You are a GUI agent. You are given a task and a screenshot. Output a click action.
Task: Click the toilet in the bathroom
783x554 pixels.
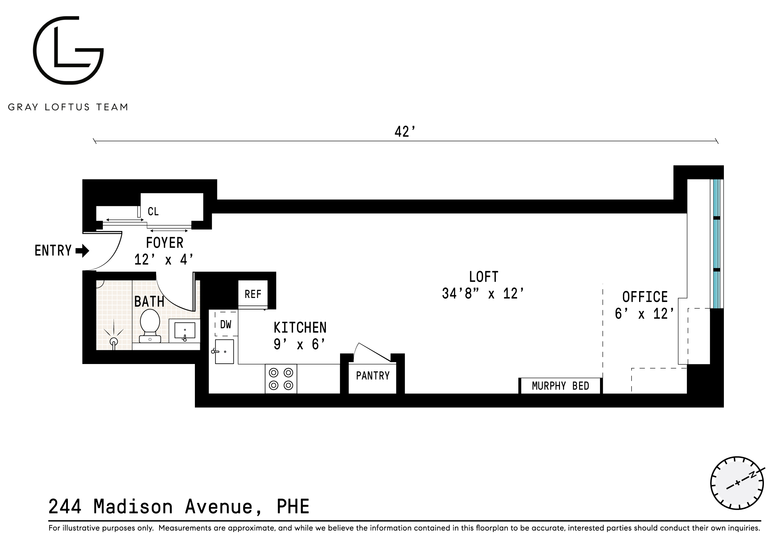pyautogui.click(x=150, y=325)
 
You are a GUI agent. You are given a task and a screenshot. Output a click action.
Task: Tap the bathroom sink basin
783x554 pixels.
pyautogui.click(x=185, y=331)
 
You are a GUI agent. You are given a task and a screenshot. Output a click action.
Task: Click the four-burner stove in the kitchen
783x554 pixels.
pyautogui.click(x=281, y=379)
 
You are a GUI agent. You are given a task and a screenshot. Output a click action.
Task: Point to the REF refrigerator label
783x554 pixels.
pyautogui.click(x=253, y=294)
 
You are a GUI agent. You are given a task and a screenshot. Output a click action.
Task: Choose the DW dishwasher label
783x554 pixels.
pyautogui.click(x=226, y=324)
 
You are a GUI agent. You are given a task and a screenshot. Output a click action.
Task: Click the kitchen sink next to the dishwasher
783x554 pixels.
pyautogui.click(x=224, y=351)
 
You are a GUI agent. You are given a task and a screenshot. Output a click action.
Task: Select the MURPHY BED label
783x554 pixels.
pyautogui.click(x=560, y=386)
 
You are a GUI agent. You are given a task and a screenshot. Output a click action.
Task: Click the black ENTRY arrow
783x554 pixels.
pyautogui.click(x=82, y=251)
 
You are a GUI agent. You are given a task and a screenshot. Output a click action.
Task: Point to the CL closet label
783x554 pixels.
pyautogui.click(x=153, y=212)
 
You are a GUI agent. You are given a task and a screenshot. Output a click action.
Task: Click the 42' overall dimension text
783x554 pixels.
pyautogui.click(x=405, y=132)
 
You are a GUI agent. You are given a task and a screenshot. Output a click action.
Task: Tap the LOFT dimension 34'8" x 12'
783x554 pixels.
pyautogui.click(x=483, y=294)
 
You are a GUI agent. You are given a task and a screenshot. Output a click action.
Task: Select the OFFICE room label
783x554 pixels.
pyautogui.click(x=645, y=297)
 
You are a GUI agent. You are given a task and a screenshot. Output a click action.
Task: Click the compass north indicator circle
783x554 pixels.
pyautogui.click(x=737, y=483)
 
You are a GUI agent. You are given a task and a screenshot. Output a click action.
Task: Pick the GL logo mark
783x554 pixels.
pyautogui.click(x=68, y=50)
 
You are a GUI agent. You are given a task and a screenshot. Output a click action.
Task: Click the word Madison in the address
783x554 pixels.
pyautogui.click(x=133, y=507)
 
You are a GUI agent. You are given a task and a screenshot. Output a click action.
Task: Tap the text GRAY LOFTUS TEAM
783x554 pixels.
pyautogui.click(x=68, y=107)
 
